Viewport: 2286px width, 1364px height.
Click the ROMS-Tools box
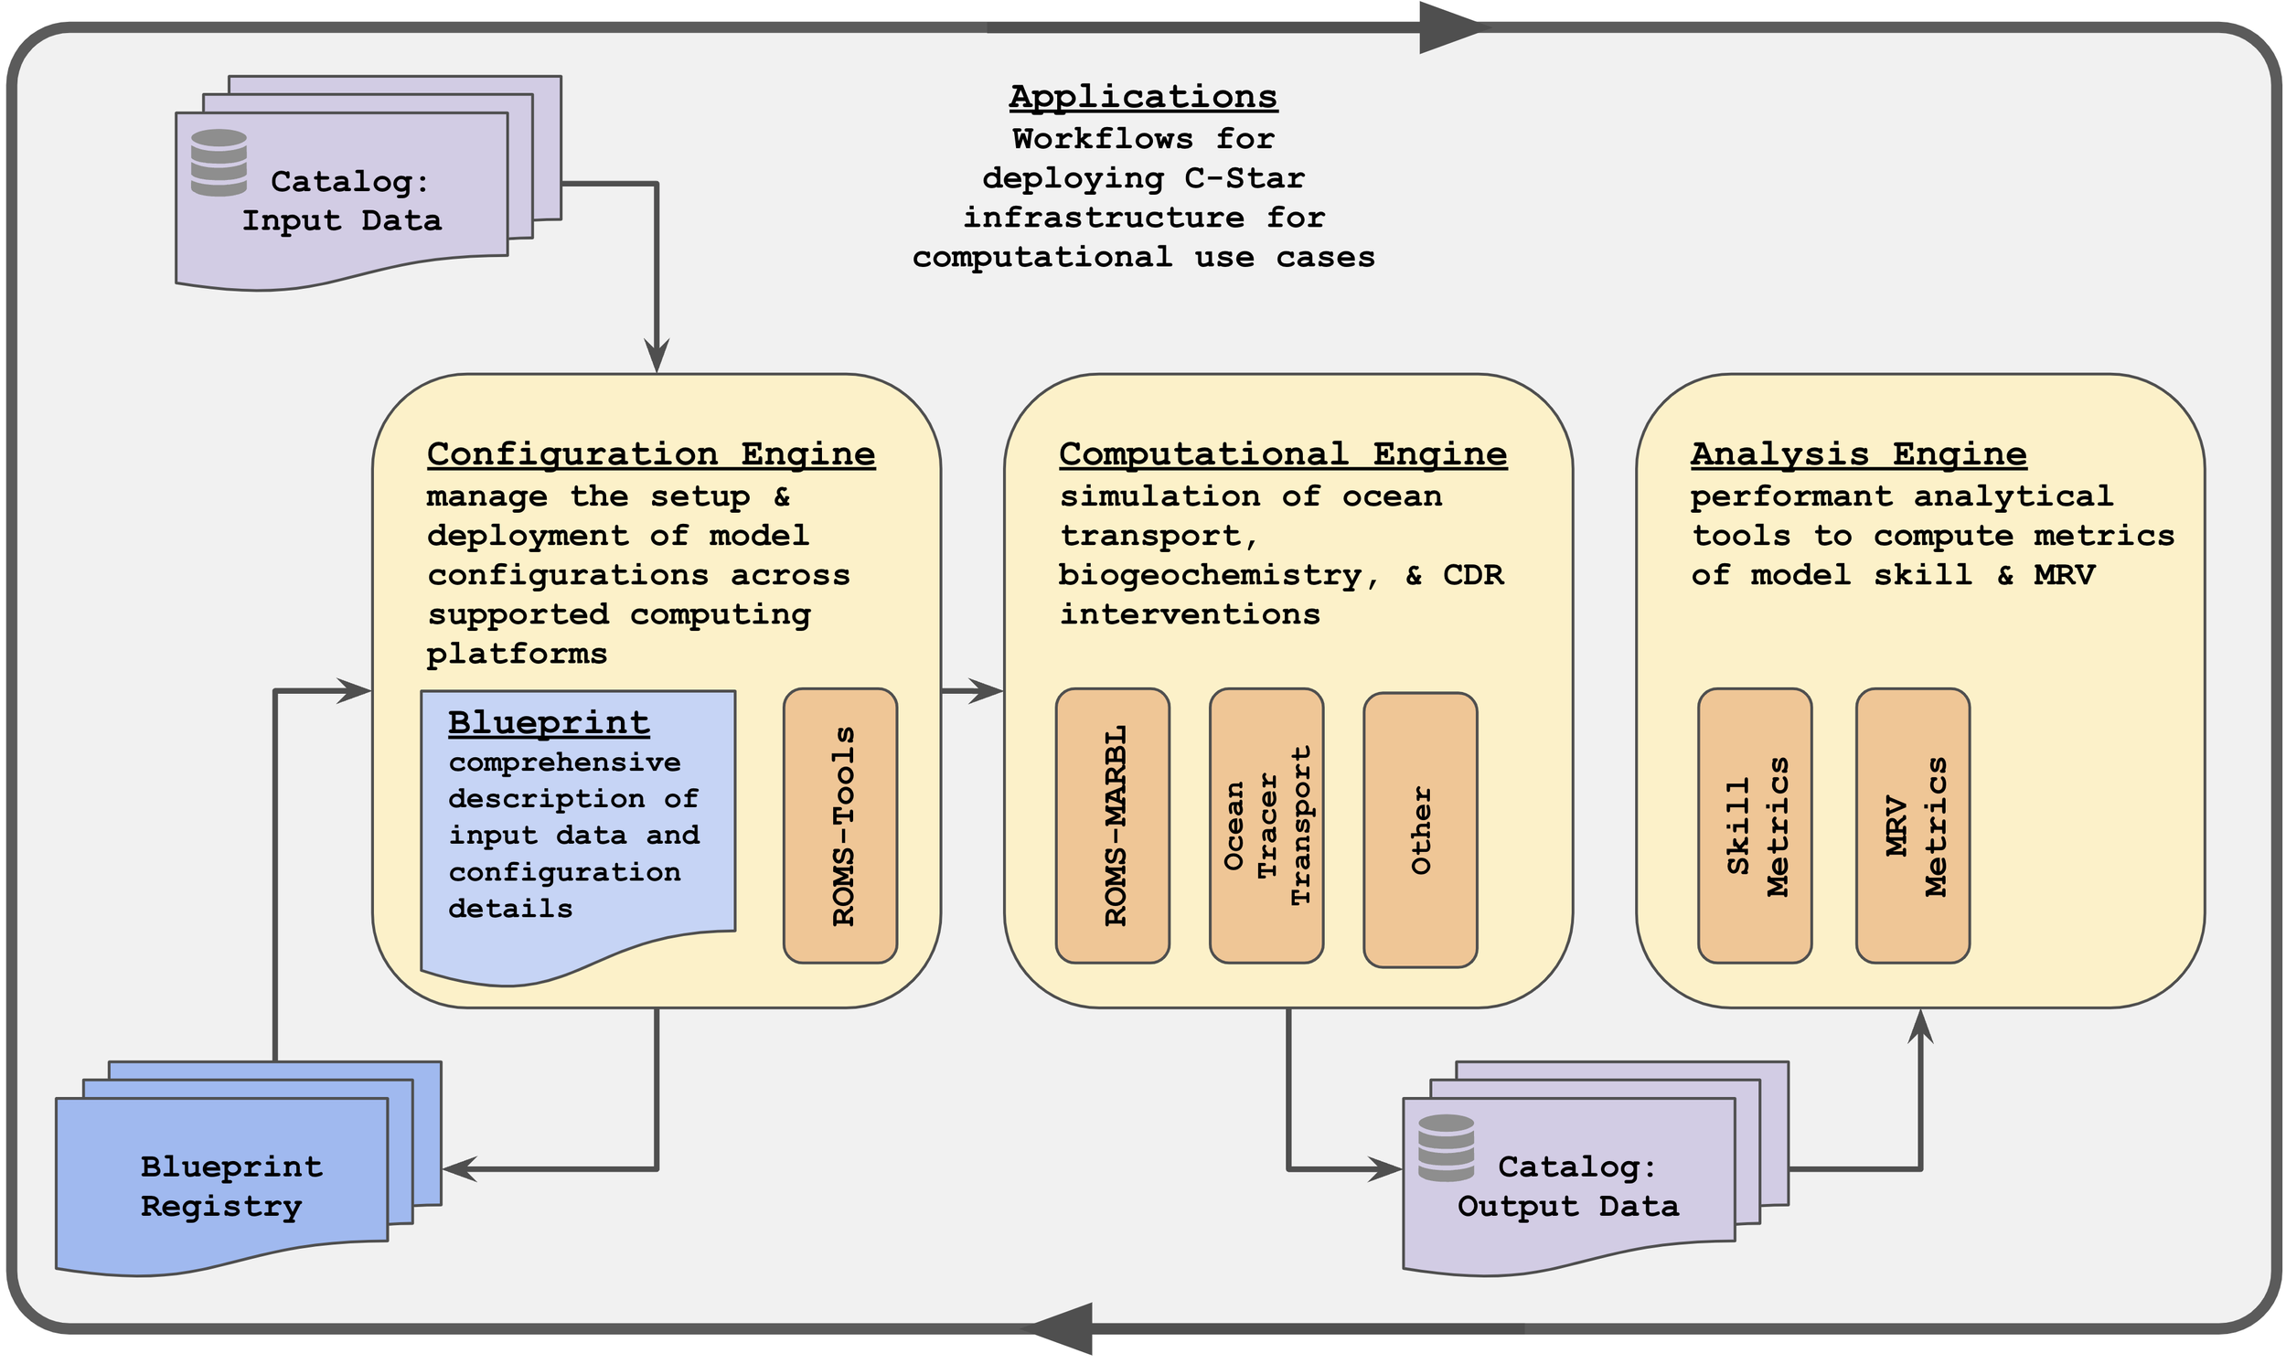[840, 826]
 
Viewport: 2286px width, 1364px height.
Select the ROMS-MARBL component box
[1112, 826]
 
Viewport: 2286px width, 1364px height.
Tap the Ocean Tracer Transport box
[1266, 826]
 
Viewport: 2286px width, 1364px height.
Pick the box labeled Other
[1420, 829]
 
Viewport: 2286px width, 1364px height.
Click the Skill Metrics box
[1755, 826]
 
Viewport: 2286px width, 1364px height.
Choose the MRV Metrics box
[1913, 826]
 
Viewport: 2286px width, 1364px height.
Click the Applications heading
[1144, 97]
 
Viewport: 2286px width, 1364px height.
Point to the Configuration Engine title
[651, 454]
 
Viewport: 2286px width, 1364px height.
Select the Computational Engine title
[1283, 454]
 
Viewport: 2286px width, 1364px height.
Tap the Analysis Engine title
[1859, 454]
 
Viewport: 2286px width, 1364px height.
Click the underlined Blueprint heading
[549, 723]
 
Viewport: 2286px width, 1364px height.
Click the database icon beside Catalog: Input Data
[219, 163]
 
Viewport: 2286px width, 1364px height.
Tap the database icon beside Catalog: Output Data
[1446, 1148]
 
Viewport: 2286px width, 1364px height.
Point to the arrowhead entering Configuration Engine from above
[657, 357]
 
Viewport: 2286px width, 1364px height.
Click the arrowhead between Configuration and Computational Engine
[988, 690]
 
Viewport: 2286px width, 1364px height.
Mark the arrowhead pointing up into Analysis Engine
[1920, 1026]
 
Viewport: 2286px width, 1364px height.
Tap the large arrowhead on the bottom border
[1062, 1328]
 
